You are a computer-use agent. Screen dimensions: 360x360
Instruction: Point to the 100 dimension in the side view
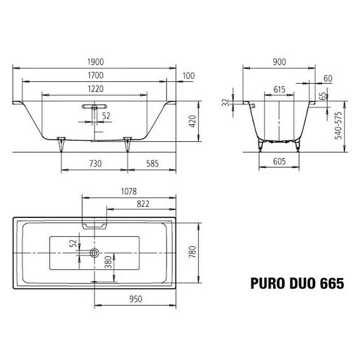(x=188, y=76)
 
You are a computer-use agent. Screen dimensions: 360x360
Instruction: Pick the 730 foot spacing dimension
(x=95, y=163)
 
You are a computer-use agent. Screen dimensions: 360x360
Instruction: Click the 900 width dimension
(x=279, y=62)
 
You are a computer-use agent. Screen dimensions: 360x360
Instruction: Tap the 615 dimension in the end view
(x=279, y=89)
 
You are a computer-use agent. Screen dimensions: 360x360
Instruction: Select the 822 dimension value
(x=143, y=203)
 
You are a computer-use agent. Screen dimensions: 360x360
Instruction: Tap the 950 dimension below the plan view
(x=135, y=299)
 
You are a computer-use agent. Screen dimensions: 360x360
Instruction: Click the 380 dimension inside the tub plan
(x=108, y=263)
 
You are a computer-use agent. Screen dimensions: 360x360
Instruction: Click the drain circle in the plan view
(x=94, y=253)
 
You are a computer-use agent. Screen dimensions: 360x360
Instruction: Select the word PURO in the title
(x=267, y=283)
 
